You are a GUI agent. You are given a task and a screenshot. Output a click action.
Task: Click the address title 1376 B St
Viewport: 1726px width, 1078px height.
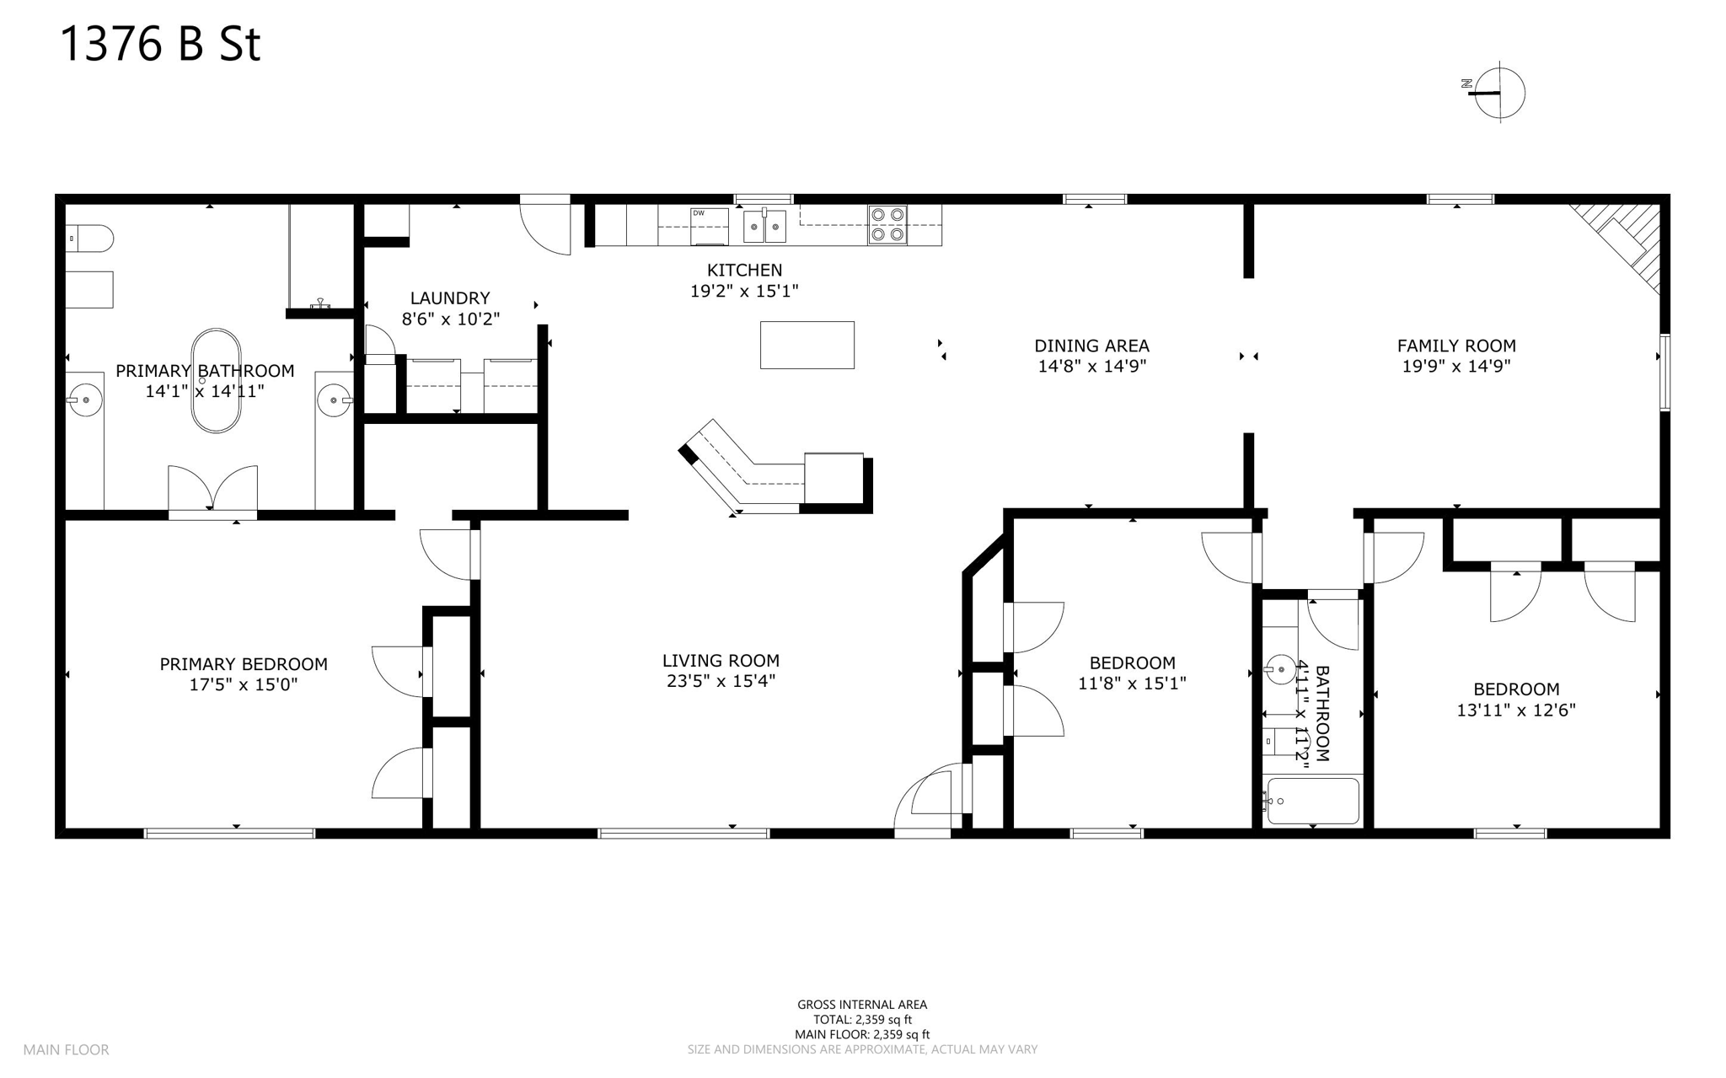(x=160, y=44)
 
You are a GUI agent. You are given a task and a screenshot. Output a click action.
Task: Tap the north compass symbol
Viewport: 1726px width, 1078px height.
(x=1498, y=93)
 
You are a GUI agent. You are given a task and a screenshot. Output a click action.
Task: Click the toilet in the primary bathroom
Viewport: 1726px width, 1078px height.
(x=89, y=239)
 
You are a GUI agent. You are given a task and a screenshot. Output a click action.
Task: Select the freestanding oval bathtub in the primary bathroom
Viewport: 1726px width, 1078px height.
(x=216, y=381)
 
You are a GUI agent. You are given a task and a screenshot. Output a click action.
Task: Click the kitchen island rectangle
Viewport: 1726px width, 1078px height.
(x=807, y=345)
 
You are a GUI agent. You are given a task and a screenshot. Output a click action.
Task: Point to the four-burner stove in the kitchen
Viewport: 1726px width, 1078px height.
(x=887, y=224)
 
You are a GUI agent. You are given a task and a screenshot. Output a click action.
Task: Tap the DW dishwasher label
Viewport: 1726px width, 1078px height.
(x=699, y=213)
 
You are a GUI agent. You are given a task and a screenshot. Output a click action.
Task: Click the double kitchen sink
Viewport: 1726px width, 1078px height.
(x=764, y=226)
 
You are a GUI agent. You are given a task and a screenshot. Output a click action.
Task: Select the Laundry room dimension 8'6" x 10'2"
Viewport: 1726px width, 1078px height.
(x=450, y=319)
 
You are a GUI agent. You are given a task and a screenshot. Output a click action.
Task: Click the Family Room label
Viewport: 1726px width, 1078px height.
(x=1455, y=346)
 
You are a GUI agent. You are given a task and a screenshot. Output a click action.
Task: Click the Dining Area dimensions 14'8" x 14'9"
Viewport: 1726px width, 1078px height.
(x=1091, y=367)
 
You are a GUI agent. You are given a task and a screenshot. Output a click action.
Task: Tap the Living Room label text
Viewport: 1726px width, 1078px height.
(x=721, y=661)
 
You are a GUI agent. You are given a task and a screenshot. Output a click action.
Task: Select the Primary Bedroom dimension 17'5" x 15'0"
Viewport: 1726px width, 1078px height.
(x=243, y=685)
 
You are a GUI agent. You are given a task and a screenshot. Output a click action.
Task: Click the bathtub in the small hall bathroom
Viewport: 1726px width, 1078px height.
(x=1313, y=801)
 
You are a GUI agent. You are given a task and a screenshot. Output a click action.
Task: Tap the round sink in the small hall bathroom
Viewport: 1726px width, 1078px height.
(x=1280, y=671)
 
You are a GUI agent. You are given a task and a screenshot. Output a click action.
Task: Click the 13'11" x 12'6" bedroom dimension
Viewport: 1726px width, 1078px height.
(x=1515, y=711)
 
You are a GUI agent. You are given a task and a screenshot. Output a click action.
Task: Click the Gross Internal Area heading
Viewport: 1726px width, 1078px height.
(x=861, y=1005)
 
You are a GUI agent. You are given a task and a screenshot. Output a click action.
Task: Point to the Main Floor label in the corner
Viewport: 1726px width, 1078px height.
(x=66, y=1050)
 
